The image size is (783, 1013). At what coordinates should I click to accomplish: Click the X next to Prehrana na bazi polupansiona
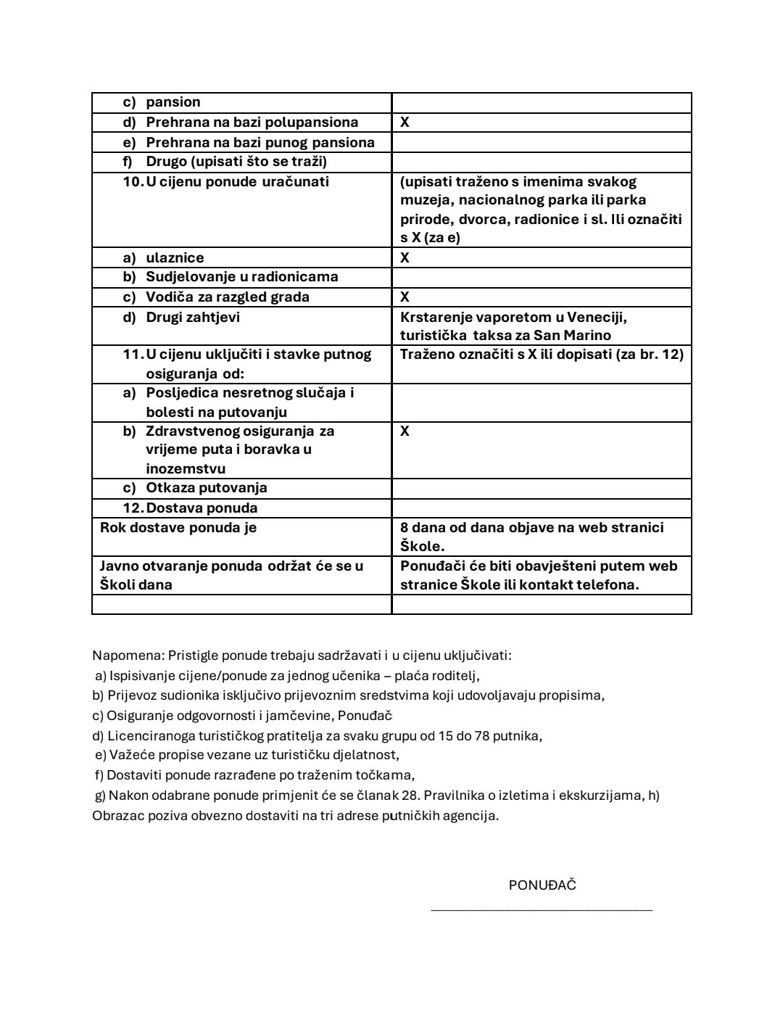click(x=405, y=123)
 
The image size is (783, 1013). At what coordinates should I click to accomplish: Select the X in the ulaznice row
click(x=405, y=258)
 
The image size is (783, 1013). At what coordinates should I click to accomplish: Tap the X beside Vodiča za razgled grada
click(x=405, y=297)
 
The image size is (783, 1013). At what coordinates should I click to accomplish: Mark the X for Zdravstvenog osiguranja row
click(x=405, y=431)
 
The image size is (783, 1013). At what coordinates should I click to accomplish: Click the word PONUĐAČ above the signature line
click(x=542, y=885)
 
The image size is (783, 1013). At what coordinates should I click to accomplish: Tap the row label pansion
click(x=173, y=102)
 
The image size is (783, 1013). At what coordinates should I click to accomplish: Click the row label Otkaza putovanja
click(x=206, y=488)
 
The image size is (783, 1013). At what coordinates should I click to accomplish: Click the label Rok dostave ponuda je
click(x=178, y=528)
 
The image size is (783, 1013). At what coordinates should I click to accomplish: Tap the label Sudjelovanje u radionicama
click(x=241, y=277)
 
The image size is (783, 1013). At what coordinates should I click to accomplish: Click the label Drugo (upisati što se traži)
click(x=236, y=162)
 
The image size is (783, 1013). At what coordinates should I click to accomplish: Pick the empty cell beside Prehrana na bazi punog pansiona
click(x=541, y=142)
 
